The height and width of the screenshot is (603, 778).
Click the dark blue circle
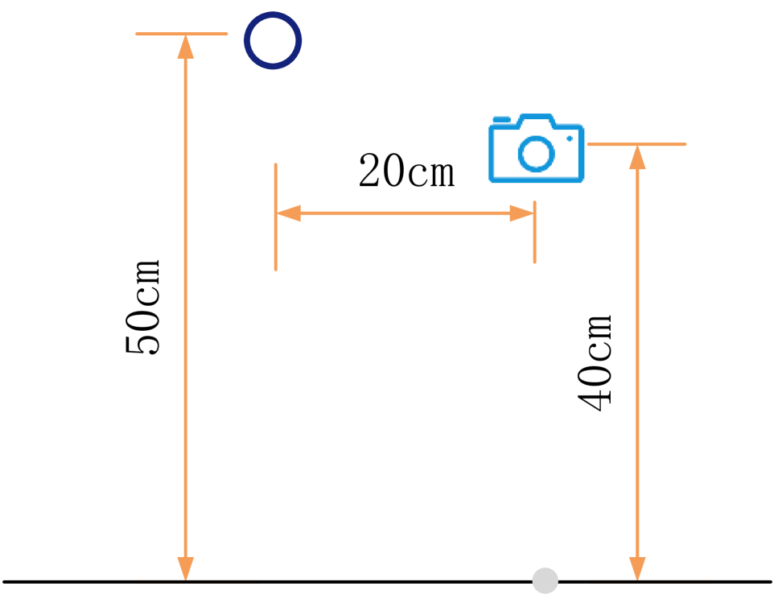point(273,40)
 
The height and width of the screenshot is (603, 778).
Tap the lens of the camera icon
point(535,153)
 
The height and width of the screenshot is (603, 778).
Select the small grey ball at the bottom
point(545,580)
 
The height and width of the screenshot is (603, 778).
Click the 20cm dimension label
point(405,171)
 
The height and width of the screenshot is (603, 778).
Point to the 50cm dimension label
point(144,308)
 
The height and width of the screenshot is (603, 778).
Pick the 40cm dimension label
point(596,362)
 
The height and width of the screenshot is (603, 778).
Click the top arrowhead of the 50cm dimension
point(186,47)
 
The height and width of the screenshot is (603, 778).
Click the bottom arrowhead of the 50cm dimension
point(186,568)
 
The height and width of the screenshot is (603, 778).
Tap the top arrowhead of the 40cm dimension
point(637,157)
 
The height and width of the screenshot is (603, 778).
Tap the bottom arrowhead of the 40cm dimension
point(637,568)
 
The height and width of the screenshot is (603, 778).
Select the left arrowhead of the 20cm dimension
point(288,213)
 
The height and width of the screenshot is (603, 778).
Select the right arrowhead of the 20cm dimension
point(522,213)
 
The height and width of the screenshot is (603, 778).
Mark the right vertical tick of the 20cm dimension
point(534,242)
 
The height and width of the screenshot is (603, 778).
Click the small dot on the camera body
point(570,138)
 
